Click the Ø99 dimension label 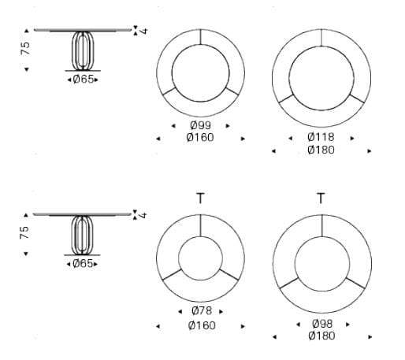pyautogui.click(x=200, y=125)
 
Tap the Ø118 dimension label pyautogui.click(x=321, y=137)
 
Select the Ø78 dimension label pyautogui.click(x=202, y=311)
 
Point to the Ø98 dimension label pyautogui.click(x=322, y=324)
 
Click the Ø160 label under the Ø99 pyautogui.click(x=200, y=137)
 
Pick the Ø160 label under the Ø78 pyautogui.click(x=202, y=325)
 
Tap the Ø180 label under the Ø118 pyautogui.click(x=321, y=150)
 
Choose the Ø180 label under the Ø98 pyautogui.click(x=321, y=336)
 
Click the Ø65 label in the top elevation pyautogui.click(x=83, y=80)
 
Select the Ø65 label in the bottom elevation pyautogui.click(x=83, y=264)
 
